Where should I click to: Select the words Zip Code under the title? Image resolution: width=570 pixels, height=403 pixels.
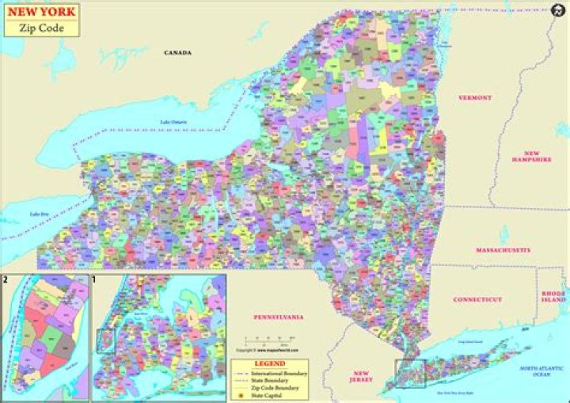tap(44, 28)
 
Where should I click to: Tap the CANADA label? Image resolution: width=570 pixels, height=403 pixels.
tap(177, 53)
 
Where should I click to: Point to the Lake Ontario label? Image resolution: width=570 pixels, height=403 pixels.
tap(175, 122)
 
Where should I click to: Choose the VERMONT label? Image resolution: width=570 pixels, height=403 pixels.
tap(475, 98)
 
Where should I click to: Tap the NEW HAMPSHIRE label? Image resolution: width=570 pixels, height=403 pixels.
tap(531, 155)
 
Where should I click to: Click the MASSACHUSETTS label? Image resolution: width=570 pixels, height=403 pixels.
tap(503, 250)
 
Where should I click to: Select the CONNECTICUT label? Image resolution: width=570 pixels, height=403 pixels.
tap(478, 300)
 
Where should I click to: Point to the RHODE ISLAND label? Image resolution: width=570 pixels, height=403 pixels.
tap(553, 297)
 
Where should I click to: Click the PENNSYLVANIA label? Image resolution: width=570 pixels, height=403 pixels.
tap(279, 317)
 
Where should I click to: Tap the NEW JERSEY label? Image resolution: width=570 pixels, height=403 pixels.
tap(361, 376)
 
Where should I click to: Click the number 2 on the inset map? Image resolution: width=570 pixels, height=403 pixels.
tap(6, 279)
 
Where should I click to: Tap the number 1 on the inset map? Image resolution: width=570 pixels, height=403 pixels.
tap(94, 279)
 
